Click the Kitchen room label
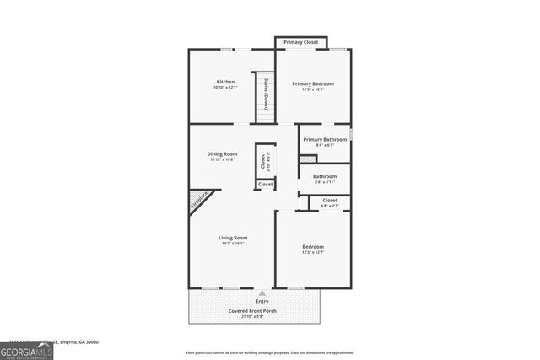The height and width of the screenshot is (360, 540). (x=224, y=82)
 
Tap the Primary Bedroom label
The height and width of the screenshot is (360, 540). (x=313, y=83)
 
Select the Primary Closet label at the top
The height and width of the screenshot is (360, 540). (x=300, y=42)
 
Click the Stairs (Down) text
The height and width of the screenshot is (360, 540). (x=266, y=94)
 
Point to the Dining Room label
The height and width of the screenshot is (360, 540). (x=224, y=153)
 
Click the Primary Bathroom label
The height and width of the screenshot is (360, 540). (x=325, y=139)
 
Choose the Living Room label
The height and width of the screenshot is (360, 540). (x=232, y=238)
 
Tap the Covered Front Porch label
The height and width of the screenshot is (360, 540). (x=252, y=310)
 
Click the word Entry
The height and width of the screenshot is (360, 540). (x=262, y=301)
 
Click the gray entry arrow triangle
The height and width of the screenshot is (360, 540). (x=262, y=293)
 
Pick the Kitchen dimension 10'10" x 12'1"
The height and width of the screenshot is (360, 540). (x=225, y=88)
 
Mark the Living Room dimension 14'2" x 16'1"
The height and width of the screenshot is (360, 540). (x=232, y=244)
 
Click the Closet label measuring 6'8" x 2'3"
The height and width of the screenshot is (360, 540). (x=330, y=201)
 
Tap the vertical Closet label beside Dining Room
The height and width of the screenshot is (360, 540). (x=263, y=159)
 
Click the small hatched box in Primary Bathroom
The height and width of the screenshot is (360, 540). (x=308, y=159)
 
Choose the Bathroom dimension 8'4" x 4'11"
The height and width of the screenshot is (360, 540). (x=325, y=182)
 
